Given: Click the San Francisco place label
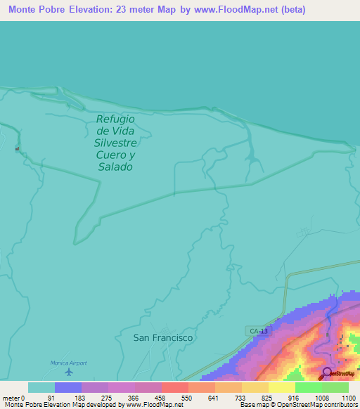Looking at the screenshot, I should pyautogui.click(x=163, y=337).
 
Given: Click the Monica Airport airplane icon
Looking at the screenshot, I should pyautogui.click(x=68, y=372).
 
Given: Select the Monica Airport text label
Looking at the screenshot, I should pyautogui.click(x=68, y=363).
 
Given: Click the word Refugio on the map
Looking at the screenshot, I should pyautogui.click(x=115, y=119).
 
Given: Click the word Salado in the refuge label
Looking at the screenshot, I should pyautogui.click(x=116, y=167).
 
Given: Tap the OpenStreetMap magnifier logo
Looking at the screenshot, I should pyautogui.click(x=326, y=372).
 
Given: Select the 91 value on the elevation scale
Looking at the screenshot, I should pyautogui.click(x=51, y=398).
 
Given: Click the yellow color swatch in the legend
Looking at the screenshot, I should pyautogui.click(x=282, y=387).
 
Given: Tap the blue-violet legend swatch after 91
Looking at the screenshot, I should pyautogui.click(x=68, y=387).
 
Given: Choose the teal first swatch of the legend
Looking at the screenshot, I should pyautogui.click(x=41, y=387).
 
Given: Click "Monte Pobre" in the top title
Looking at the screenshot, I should pyautogui.click(x=36, y=10).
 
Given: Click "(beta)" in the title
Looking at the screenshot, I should pyautogui.click(x=292, y=10).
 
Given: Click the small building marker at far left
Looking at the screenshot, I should pyautogui.click(x=18, y=148).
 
